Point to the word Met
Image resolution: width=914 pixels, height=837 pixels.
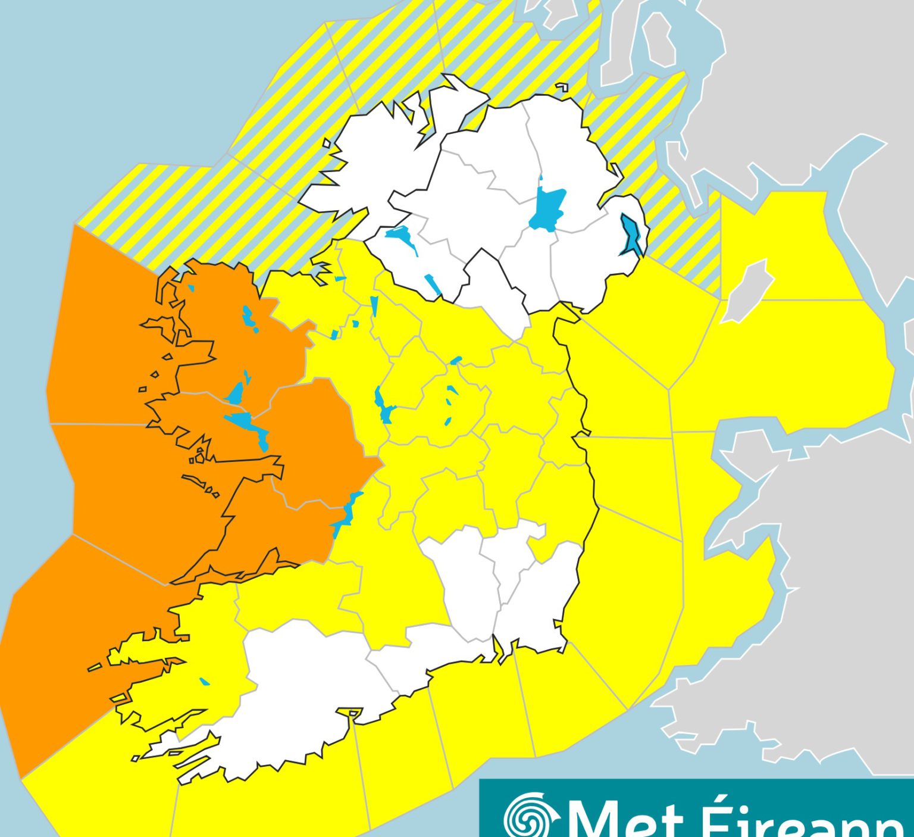tap(625, 819)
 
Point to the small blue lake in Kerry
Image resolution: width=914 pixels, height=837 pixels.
tap(205, 681)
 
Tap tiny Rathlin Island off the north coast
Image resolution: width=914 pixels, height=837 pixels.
tap(561, 88)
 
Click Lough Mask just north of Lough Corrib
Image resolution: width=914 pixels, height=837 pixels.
tap(236, 393)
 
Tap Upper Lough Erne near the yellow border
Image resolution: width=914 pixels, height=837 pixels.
tap(433, 285)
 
